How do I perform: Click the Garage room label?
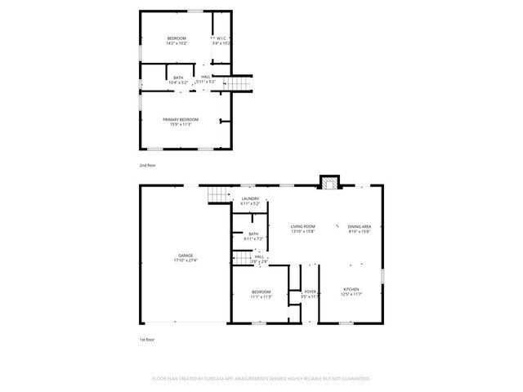click(x=186, y=256)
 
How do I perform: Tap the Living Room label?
click(x=303, y=227)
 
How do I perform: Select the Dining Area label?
click(x=360, y=227)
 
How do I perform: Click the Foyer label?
click(x=311, y=292)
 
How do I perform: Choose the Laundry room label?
click(x=250, y=198)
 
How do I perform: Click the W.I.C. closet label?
click(x=221, y=38)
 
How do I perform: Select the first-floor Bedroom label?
click(x=261, y=292)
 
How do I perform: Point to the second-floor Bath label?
click(x=178, y=78)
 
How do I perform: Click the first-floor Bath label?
click(x=253, y=234)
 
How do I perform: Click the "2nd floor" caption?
click(x=147, y=165)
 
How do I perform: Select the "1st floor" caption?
click(x=146, y=339)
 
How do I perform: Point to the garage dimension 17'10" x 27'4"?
click(x=186, y=261)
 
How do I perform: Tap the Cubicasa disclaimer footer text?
click(x=261, y=378)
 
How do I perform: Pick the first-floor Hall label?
click(x=259, y=256)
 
